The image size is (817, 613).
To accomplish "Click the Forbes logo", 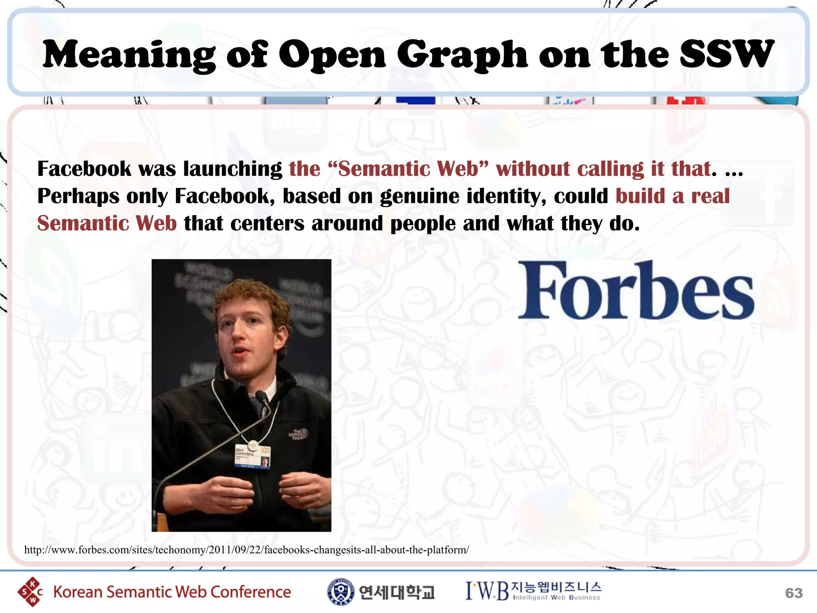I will [636, 290].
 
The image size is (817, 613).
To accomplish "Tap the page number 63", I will [793, 593].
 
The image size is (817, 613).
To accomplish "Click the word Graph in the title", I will [462, 55].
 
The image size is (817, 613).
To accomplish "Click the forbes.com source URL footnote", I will [247, 550].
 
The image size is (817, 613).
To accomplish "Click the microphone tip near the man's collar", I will [262, 397].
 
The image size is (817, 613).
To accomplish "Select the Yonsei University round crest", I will [340, 591].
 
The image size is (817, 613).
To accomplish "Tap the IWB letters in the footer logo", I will [487, 591].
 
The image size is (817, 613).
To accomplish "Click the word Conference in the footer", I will [251, 592].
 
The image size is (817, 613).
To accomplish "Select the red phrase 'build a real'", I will [673, 196].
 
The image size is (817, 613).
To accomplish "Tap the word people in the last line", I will [423, 223].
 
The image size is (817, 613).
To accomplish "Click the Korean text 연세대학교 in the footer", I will [396, 592].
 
